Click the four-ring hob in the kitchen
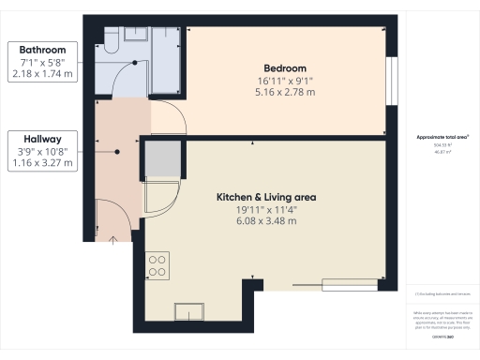pos(157,266)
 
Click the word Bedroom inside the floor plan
pos(285,68)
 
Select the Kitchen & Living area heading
pos(266,197)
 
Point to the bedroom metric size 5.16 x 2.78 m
pos(285,92)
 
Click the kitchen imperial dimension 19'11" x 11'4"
pos(266,210)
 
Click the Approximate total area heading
pos(441,137)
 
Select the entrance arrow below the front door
pos(114,241)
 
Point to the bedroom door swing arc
pos(167,117)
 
